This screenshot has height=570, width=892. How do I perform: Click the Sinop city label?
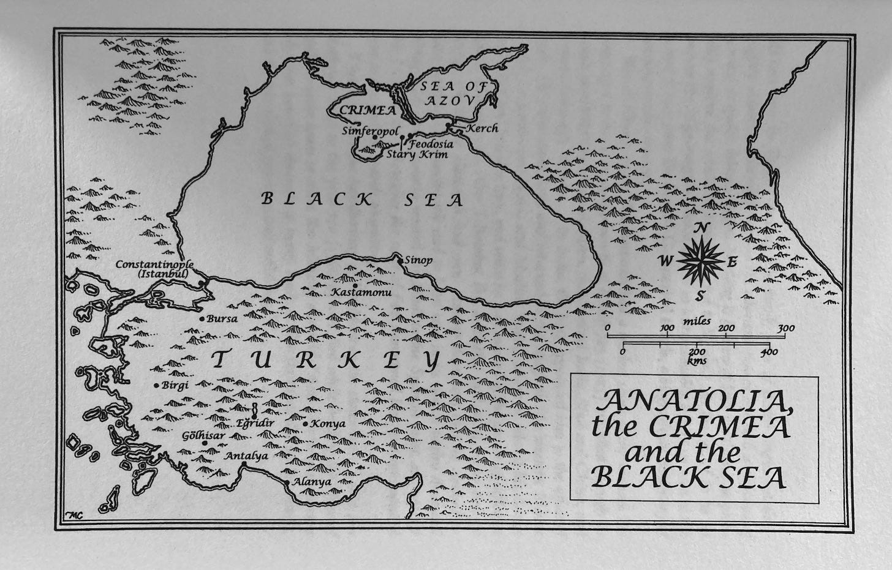(x=419, y=260)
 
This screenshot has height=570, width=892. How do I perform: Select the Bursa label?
(x=222, y=318)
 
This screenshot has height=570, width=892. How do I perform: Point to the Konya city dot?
(x=305, y=424)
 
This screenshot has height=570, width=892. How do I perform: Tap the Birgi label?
(x=175, y=385)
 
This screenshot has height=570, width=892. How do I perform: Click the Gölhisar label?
(x=203, y=435)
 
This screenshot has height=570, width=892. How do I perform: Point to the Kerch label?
(x=482, y=128)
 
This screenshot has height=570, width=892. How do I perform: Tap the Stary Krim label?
(x=417, y=155)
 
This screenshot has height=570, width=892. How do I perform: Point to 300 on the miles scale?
(x=785, y=329)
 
